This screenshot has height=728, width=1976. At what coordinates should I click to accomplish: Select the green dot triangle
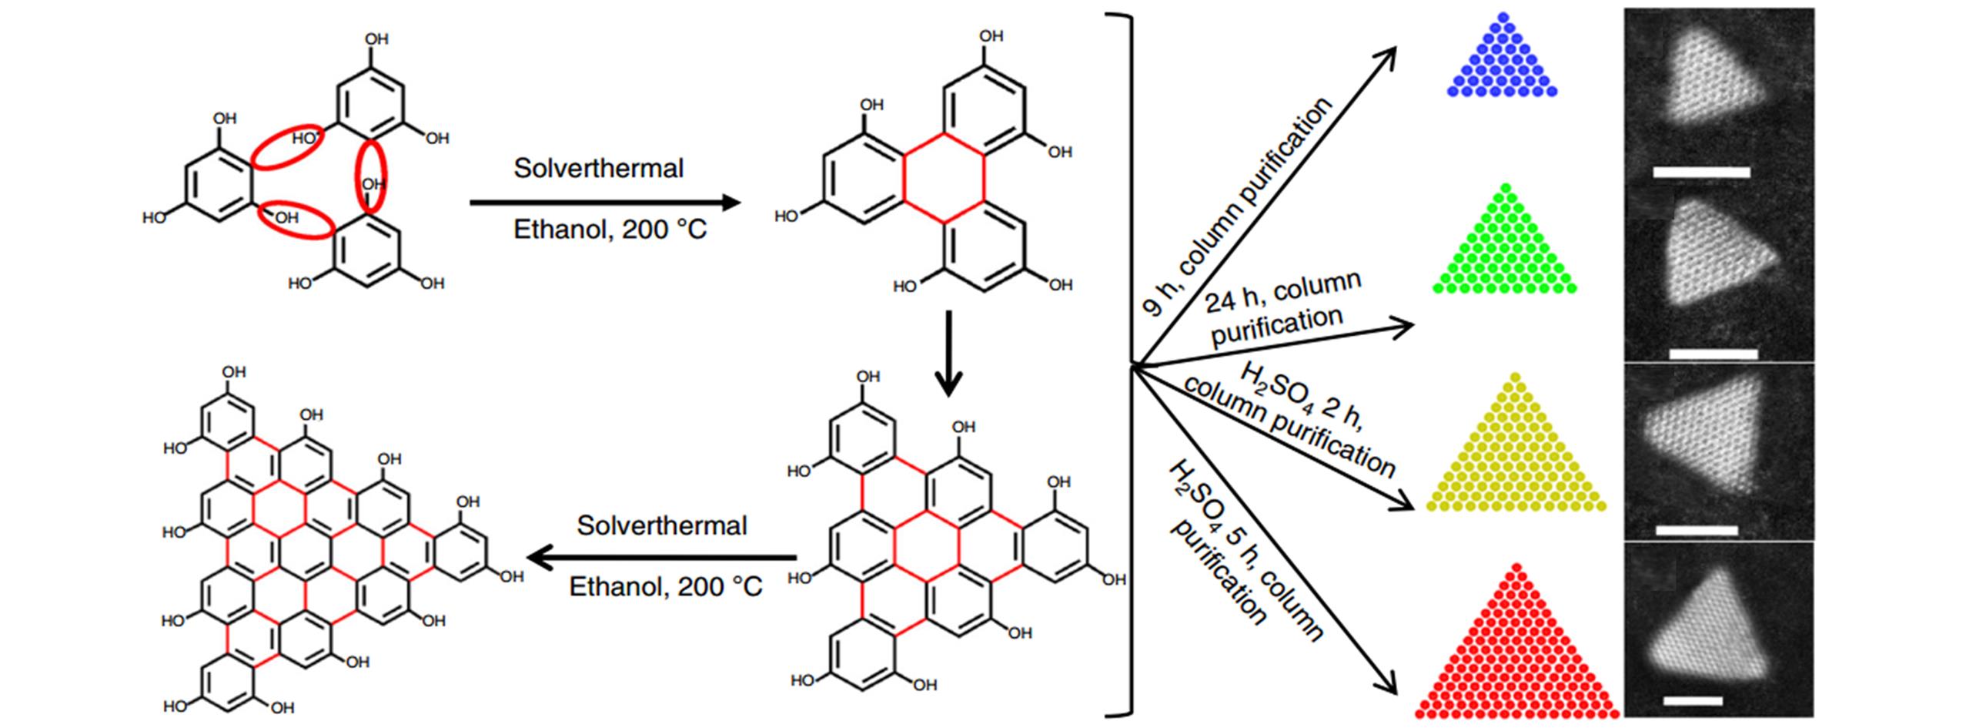tap(1505, 250)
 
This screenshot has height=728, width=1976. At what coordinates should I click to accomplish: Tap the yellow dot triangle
tap(1515, 455)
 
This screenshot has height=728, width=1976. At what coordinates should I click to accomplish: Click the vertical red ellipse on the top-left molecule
tap(371, 176)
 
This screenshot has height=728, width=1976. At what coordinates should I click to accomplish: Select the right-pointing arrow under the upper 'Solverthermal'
tap(604, 203)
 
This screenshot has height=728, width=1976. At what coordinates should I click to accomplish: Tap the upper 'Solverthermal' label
tap(598, 168)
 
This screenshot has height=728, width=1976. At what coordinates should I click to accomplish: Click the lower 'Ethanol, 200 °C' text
tap(665, 587)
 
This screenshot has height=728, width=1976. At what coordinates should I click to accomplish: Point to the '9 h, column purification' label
tap(1239, 206)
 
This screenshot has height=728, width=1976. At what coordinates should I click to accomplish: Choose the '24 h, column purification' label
tap(1282, 308)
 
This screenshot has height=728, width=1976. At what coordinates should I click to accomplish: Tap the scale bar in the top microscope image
tap(1701, 172)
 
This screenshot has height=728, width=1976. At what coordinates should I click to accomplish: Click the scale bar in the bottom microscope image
tap(1692, 701)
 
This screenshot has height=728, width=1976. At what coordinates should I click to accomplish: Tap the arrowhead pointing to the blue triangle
tap(1386, 55)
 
